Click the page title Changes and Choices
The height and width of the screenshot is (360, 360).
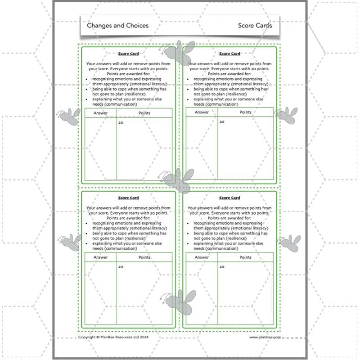click(117, 26)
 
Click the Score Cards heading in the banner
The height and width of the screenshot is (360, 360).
click(255, 26)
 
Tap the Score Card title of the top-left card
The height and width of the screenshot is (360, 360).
click(128, 54)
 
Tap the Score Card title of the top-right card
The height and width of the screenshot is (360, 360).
click(229, 54)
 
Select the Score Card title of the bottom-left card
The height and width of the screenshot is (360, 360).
click(128, 198)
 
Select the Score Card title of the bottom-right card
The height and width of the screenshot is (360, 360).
click(229, 198)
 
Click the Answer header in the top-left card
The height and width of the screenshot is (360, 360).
click(101, 112)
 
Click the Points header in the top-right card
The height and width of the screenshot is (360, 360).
click(245, 112)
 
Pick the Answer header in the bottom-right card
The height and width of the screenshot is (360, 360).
click(202, 257)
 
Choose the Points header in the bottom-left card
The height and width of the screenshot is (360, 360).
click(144, 257)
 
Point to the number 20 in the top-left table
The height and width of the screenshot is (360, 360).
click(121, 122)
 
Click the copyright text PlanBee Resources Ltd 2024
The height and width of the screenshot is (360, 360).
click(113, 337)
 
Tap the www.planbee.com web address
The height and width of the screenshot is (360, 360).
click(265, 337)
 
